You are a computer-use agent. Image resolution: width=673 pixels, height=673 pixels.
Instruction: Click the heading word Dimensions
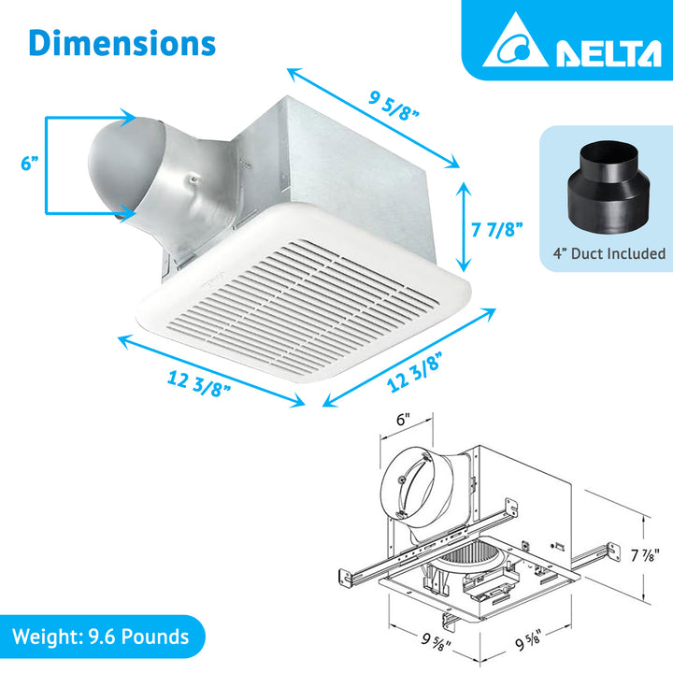[122, 42]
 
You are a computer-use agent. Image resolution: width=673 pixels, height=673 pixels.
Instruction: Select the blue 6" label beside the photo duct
[30, 163]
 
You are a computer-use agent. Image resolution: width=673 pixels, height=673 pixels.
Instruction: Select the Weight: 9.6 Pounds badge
[102, 637]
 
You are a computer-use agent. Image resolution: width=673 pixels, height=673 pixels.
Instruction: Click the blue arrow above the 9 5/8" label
[374, 118]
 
